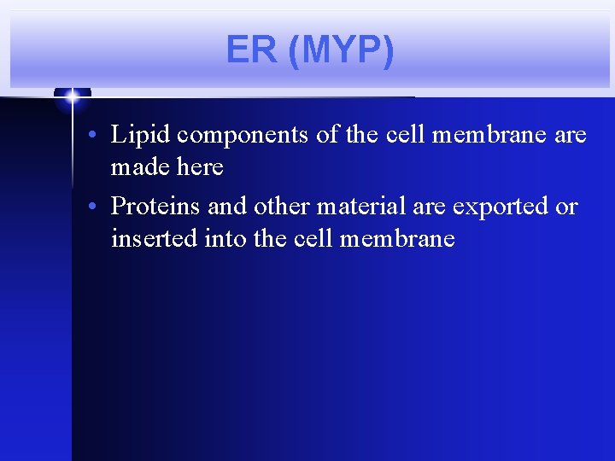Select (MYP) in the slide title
tap(341, 50)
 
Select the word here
tap(202, 166)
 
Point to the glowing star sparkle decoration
tap(73, 97)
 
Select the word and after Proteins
tap(227, 207)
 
